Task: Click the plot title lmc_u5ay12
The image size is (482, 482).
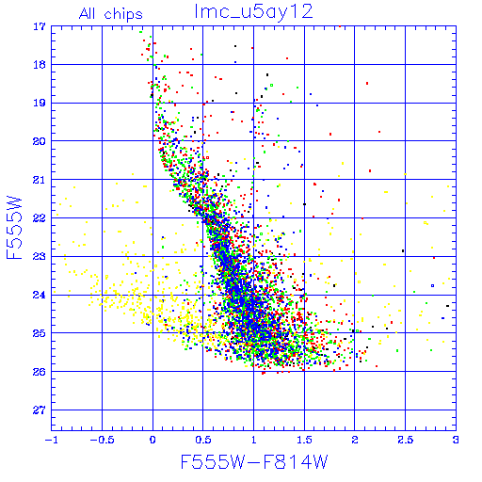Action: [x=253, y=12]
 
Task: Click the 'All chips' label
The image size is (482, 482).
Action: [x=111, y=14]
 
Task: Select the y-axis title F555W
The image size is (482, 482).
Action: [x=14, y=228]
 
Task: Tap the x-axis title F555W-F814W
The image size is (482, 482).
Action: [x=254, y=461]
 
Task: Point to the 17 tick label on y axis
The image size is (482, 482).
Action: [x=40, y=26]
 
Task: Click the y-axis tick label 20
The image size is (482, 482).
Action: [x=40, y=141]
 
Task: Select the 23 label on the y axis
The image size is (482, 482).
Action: [x=40, y=257]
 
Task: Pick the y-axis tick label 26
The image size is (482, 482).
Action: [x=40, y=372]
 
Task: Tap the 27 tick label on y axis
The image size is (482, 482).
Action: [x=40, y=410]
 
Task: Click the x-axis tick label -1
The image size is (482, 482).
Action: [x=52, y=440]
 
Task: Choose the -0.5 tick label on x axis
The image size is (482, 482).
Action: [x=102, y=440]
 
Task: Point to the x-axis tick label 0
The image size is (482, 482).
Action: [x=153, y=440]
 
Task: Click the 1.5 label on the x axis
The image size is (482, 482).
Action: [x=304, y=440]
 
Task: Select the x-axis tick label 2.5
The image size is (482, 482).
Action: [x=405, y=440]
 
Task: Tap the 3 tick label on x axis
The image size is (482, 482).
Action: [x=456, y=440]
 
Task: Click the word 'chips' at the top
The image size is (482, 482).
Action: [x=123, y=15]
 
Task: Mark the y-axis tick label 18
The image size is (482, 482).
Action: [x=40, y=65]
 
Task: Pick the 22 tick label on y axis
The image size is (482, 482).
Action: [x=40, y=218]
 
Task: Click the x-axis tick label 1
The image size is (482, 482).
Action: [x=253, y=440]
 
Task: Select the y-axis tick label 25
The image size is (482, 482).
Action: [x=40, y=333]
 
